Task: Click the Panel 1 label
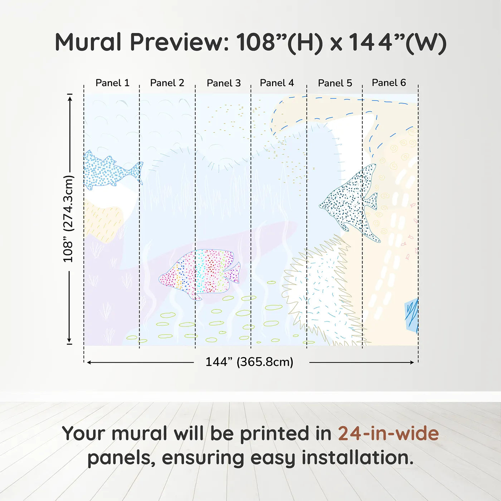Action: click(x=112, y=83)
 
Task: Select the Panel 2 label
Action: click(x=167, y=83)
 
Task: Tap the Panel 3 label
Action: click(x=224, y=83)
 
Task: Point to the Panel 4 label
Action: click(x=277, y=83)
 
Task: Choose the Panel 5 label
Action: click(x=335, y=83)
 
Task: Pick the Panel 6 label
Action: click(x=389, y=83)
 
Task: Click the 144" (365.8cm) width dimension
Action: click(x=249, y=362)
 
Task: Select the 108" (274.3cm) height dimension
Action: click(x=68, y=219)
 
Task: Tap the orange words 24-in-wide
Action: click(x=388, y=434)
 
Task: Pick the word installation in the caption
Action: click(x=357, y=458)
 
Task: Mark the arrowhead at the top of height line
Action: click(x=70, y=97)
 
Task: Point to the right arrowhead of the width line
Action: click(x=412, y=363)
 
